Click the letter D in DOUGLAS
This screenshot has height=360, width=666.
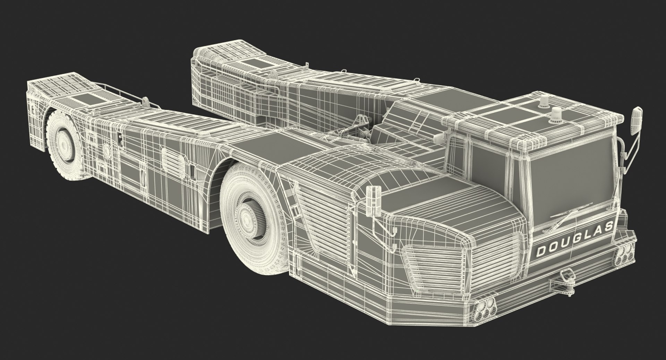(541, 251)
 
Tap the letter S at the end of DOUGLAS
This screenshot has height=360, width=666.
(608, 227)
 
